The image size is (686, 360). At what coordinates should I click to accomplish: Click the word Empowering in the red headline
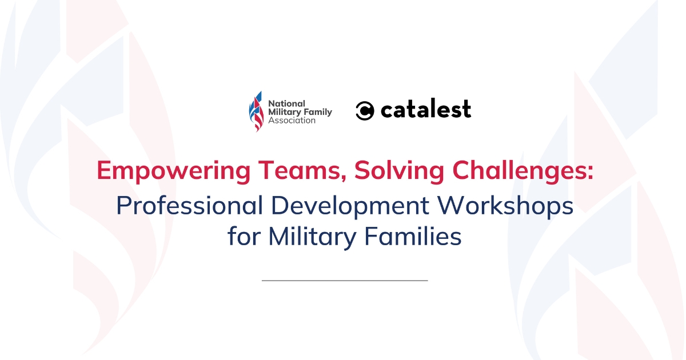click(174, 171)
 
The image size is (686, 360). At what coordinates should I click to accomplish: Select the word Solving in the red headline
click(399, 171)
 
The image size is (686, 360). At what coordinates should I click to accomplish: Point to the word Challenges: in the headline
click(523, 171)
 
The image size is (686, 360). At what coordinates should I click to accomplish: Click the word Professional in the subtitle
click(190, 205)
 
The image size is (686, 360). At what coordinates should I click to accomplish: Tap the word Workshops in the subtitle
click(505, 206)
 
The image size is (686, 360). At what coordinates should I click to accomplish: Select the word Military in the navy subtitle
click(312, 237)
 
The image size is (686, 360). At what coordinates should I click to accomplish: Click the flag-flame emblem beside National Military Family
click(256, 111)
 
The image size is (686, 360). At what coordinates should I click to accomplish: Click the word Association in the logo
click(292, 121)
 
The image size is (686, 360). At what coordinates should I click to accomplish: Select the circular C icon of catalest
click(365, 110)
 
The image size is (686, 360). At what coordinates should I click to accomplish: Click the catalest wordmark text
click(426, 109)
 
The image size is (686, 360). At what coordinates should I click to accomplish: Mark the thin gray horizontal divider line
click(345, 281)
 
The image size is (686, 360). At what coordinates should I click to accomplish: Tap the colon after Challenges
click(591, 174)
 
